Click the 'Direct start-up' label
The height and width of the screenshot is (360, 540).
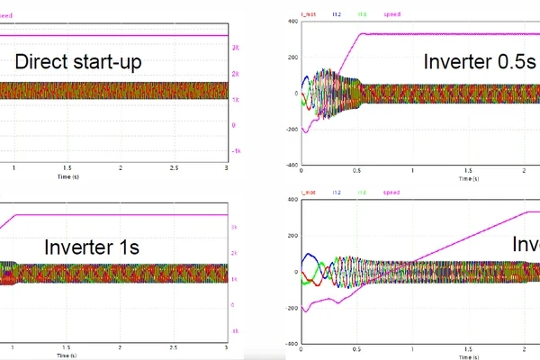point(79,63)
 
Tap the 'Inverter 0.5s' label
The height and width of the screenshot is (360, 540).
point(481,62)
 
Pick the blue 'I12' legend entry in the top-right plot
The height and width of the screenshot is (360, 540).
point(336,14)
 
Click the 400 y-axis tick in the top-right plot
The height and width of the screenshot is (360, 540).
point(292,21)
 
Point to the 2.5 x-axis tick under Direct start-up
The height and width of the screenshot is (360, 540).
point(174,167)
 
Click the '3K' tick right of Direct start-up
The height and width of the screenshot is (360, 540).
point(235,46)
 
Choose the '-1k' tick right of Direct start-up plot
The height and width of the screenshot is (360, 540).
point(235,151)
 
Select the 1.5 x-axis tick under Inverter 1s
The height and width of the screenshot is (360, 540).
point(67,346)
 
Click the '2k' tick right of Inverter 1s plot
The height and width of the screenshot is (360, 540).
point(235,254)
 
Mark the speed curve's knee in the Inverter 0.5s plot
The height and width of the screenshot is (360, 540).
point(362,34)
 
